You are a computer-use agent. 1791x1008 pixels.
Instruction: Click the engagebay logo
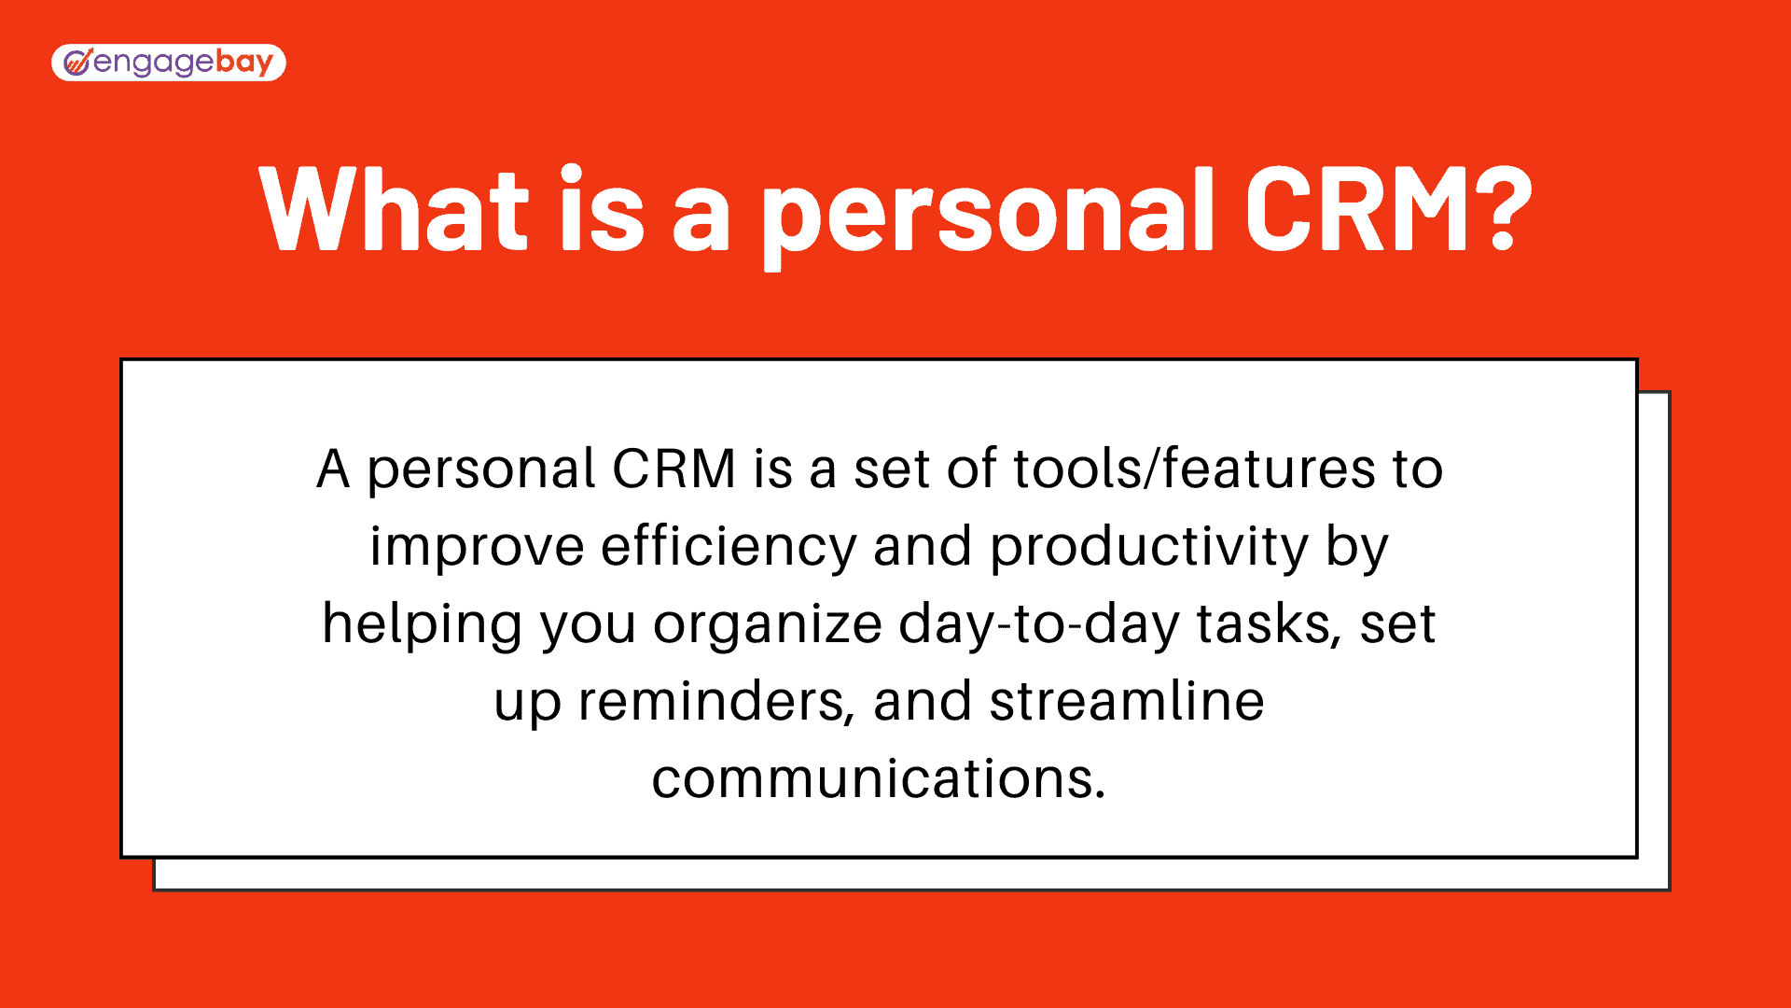[x=168, y=63]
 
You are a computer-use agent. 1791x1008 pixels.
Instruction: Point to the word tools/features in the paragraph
[x=1194, y=469]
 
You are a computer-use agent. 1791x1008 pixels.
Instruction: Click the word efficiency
[x=728, y=548]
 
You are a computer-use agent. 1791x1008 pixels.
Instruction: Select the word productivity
[x=1149, y=548]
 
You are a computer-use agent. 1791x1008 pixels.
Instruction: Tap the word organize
[x=767, y=625]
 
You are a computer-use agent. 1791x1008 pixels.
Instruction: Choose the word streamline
[x=1126, y=702]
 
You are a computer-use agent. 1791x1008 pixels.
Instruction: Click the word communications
[x=878, y=779]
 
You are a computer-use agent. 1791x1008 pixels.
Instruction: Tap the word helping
[x=422, y=625]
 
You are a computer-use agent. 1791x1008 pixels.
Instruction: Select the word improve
[x=477, y=548]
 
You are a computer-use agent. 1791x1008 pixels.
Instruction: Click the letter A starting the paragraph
[x=333, y=469]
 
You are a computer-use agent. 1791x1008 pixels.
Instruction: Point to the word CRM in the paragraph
[x=673, y=469]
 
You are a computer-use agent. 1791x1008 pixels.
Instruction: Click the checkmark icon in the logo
[x=76, y=63]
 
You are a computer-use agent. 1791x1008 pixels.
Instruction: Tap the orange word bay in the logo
[x=244, y=63]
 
